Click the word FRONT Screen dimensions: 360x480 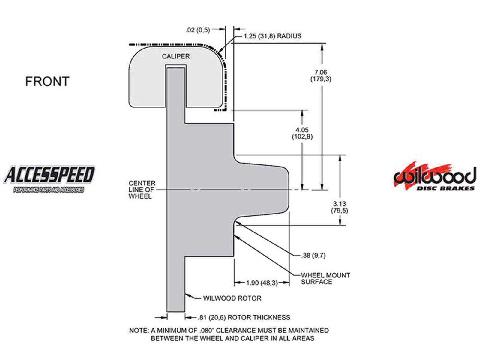[x=47, y=82]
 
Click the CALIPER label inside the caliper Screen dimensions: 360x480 [x=176, y=56]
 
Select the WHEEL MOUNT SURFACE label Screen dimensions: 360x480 [x=325, y=278]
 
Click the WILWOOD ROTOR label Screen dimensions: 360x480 [x=232, y=298]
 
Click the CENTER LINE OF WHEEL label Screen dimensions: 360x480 [x=142, y=190]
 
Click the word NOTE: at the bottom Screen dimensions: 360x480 [x=139, y=331]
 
